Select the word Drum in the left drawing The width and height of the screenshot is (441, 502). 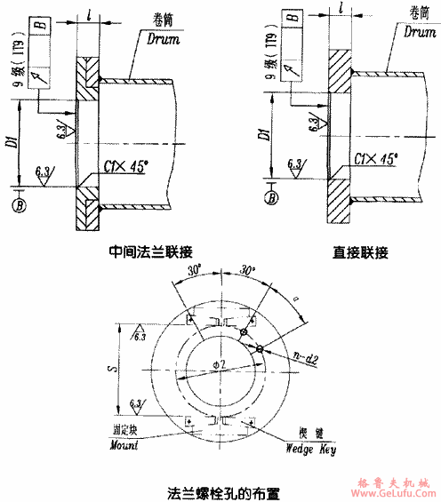click(161, 40)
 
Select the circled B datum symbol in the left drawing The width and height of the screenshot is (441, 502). click(20, 206)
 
